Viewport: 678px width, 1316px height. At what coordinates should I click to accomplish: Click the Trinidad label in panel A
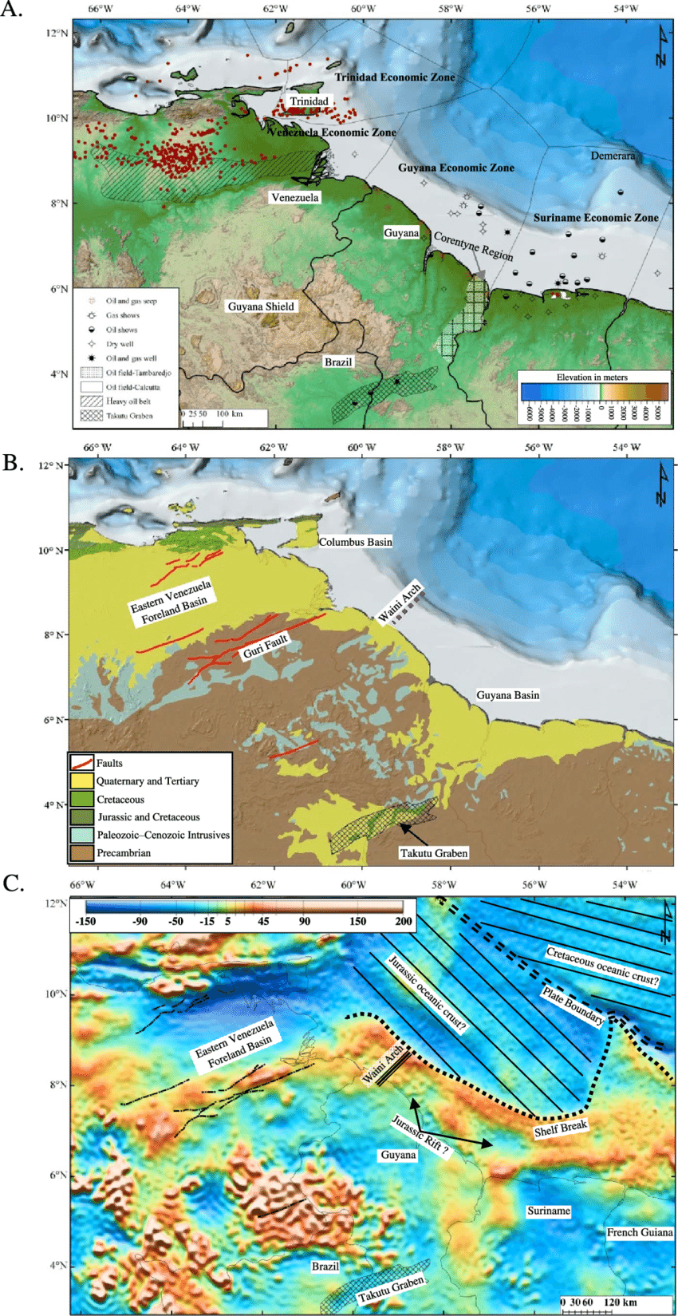(309, 101)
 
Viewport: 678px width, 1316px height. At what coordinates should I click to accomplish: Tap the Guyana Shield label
(261, 306)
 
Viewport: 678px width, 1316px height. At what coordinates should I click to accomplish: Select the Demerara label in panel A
(613, 156)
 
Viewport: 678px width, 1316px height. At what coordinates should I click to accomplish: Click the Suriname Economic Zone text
(596, 217)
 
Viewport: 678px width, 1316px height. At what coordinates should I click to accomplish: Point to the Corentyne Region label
(473, 247)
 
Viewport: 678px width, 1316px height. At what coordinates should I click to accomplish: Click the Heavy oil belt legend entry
(128, 401)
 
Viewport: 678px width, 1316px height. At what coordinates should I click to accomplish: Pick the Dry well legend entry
(120, 344)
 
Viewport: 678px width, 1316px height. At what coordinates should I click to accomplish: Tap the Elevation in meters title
(592, 377)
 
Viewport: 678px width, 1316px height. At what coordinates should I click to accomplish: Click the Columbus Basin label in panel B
(356, 542)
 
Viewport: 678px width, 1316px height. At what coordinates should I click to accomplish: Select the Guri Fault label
(265, 646)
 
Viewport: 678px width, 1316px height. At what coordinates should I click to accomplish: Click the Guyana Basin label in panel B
(507, 695)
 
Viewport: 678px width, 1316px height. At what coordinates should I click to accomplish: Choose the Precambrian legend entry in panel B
(124, 853)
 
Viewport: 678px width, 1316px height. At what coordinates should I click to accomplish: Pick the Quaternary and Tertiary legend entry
(148, 781)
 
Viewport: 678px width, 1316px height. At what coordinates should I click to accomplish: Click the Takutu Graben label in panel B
(434, 853)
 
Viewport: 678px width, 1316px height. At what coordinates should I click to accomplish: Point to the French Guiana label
(639, 1232)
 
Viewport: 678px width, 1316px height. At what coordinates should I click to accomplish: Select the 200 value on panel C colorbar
(404, 921)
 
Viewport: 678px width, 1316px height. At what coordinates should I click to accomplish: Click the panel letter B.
(12, 463)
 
